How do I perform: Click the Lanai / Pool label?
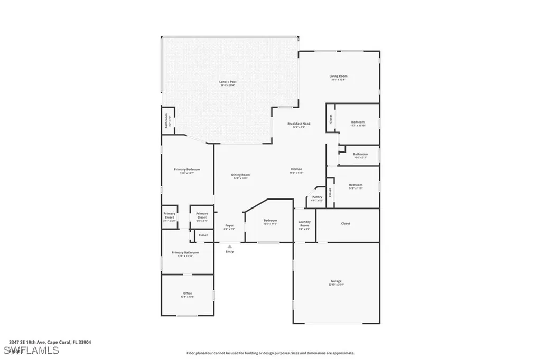point(227,82)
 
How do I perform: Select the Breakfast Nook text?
point(299,124)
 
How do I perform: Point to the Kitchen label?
point(296,169)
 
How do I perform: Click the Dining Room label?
point(240,175)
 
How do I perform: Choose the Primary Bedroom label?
point(186,169)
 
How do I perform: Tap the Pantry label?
point(317,197)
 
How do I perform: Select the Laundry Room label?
point(304,223)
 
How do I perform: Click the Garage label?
point(336,281)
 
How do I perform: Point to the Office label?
point(188,293)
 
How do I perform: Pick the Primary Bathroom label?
point(185,252)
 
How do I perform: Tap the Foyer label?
point(229,225)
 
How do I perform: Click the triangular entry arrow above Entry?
point(229,246)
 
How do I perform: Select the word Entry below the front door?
point(229,251)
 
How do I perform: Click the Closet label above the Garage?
point(346,223)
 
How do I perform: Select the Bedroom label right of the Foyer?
point(270,220)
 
